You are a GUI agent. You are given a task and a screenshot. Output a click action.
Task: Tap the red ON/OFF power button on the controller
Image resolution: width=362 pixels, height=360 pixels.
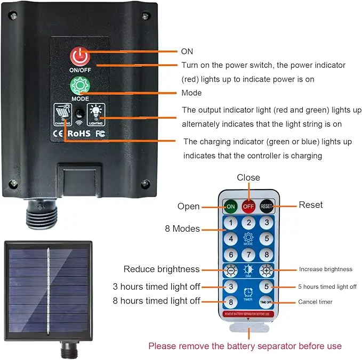79,56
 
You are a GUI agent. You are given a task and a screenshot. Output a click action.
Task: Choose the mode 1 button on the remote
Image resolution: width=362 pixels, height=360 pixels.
230,223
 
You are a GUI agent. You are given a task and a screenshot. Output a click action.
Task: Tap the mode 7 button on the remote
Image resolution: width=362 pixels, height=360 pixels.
248,255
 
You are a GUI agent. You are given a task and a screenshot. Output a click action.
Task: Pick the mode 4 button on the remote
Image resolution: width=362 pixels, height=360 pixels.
230,239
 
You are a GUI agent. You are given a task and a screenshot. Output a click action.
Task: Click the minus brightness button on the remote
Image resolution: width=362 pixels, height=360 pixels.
230,270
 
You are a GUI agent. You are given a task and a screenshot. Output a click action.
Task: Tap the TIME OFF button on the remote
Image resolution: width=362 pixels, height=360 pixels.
266,302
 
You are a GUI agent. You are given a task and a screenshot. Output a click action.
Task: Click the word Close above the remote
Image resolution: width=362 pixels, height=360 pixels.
248,177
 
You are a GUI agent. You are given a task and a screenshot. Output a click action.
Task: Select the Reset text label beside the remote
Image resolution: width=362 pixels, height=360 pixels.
310,204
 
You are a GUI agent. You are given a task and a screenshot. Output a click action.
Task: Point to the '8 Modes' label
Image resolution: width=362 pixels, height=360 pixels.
182,229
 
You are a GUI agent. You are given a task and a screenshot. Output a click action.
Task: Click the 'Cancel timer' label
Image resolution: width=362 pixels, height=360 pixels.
315,302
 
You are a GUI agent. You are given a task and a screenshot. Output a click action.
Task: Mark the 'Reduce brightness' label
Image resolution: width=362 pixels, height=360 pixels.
162,269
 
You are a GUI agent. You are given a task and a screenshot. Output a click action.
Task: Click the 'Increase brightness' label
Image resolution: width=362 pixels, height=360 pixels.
325,269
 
